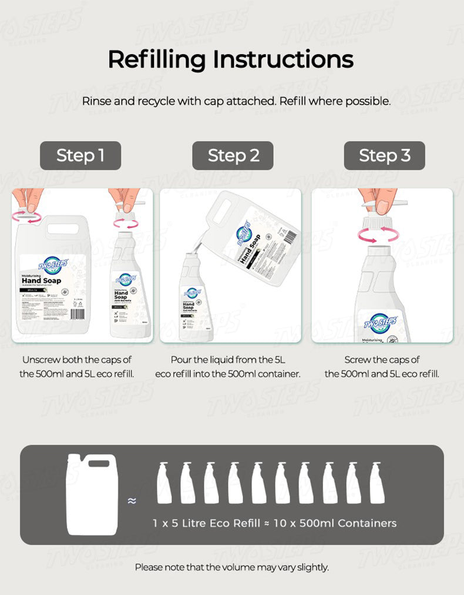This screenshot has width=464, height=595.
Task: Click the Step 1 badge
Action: [x=80, y=155]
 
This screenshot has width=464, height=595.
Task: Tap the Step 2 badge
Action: [x=233, y=155]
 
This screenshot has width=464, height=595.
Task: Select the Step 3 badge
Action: [x=384, y=155]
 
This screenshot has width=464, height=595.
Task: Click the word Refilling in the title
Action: [x=157, y=59]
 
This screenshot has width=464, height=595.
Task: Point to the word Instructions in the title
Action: [x=283, y=59]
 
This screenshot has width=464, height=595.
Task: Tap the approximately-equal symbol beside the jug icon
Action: [x=132, y=501]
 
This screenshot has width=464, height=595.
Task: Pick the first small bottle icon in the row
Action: [x=164, y=483]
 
